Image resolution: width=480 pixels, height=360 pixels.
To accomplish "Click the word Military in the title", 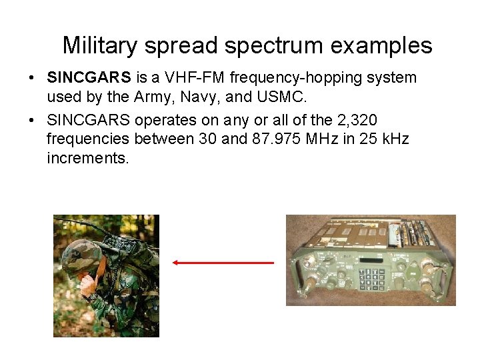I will pos(101,46).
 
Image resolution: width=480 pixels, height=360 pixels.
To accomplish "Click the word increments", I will pos(87,159).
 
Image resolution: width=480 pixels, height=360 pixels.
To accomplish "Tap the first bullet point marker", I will pos(32,78).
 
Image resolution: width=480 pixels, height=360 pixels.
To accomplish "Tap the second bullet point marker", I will pos(32,121).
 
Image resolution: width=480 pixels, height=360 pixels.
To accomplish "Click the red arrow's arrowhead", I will pos(175,263).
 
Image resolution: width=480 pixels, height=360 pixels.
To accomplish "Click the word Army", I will pos(152,97).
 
